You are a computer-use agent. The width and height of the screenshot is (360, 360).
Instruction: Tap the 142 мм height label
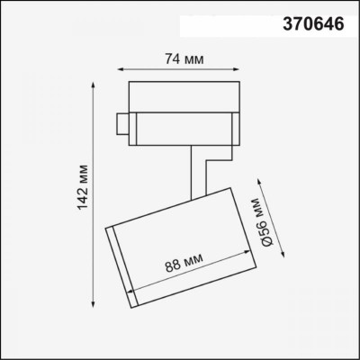84,193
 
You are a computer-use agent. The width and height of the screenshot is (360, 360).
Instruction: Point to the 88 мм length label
184,264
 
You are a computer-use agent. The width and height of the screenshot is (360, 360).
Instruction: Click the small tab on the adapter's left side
121,122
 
